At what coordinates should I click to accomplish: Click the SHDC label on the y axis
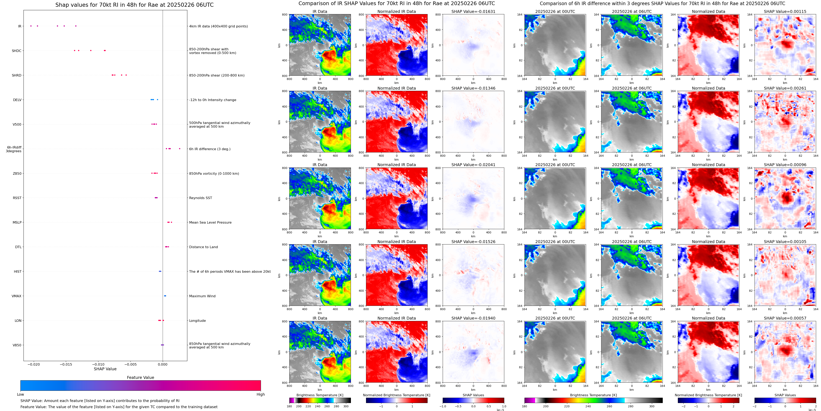click(17, 51)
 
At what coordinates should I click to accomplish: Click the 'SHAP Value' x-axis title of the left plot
click(105, 369)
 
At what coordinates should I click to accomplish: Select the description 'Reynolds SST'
click(200, 198)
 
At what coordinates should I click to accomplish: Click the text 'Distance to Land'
click(203, 247)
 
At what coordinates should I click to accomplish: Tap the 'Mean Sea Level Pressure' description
click(210, 223)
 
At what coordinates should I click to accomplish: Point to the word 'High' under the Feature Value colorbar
click(260, 394)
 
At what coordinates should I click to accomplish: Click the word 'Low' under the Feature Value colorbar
click(20, 394)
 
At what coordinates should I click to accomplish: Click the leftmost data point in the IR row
click(31, 26)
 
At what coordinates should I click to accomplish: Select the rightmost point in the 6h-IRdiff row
click(180, 149)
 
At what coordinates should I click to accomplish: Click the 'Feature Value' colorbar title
click(140, 377)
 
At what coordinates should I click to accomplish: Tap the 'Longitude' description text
click(197, 321)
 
